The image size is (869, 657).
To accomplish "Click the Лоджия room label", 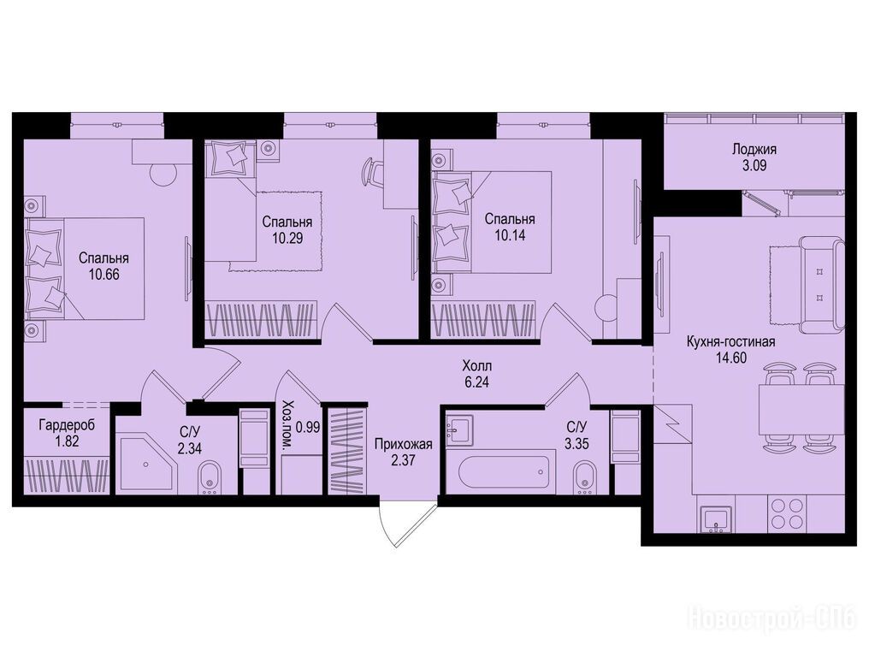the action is [x=754, y=149].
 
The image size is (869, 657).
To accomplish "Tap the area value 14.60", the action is [x=731, y=358].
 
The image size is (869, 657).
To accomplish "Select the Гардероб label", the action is [x=67, y=425].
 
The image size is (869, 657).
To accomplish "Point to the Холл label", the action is [x=476, y=366].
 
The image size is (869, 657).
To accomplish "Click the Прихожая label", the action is [x=403, y=444].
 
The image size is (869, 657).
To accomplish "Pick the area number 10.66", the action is [x=103, y=274].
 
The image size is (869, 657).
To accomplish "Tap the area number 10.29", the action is [x=287, y=239].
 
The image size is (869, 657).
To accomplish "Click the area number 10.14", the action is [x=509, y=235].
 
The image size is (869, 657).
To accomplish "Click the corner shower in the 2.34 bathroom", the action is [x=146, y=463].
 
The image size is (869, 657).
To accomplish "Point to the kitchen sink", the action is [x=718, y=519].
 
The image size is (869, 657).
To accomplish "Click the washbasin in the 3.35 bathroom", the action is [x=459, y=428].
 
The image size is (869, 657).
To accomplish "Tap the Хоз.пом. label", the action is [x=287, y=427].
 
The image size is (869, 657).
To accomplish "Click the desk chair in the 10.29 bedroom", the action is [x=372, y=173].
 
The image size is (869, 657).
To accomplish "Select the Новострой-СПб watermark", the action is [x=771, y=619].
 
